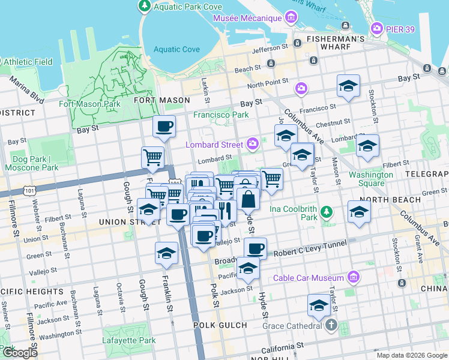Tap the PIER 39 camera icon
[x=377, y=28]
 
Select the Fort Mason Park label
[x=89, y=104]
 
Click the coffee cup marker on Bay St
[x=164, y=127]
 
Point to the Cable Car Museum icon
[x=353, y=277]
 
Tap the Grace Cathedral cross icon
[x=331, y=326]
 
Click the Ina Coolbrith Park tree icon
[x=326, y=212]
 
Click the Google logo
[x=19, y=353]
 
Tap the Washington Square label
[x=372, y=179]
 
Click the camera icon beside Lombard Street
[x=253, y=144]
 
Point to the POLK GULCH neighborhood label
[x=220, y=325]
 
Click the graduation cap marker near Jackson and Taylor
[x=319, y=305]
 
